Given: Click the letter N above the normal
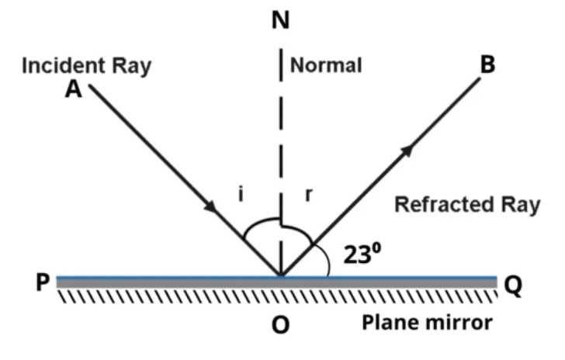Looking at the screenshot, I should click(x=281, y=22).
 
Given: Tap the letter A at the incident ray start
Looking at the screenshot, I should click(x=74, y=89).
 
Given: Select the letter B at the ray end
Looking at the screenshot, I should click(x=487, y=64).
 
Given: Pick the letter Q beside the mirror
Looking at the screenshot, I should click(x=513, y=286).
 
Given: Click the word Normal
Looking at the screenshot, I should click(x=326, y=65).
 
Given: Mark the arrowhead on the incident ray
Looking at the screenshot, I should click(x=210, y=207).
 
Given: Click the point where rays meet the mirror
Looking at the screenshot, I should click(x=281, y=275).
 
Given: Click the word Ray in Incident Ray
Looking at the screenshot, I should click(x=130, y=65).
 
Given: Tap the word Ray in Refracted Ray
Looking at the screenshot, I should click(x=517, y=205).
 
